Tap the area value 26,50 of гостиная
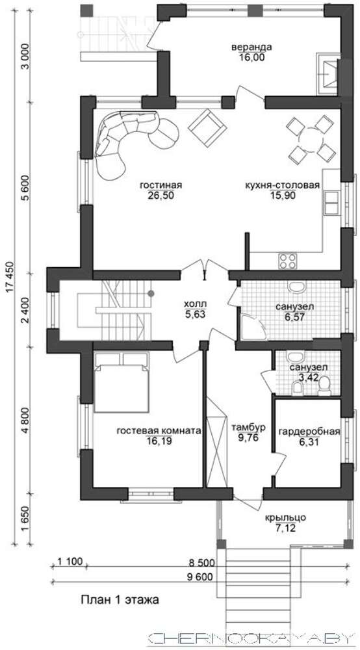pyautogui.click(x=161, y=196)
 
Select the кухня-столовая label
pyautogui.click(x=282, y=185)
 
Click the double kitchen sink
pyautogui.click(x=331, y=203)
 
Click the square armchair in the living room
pyautogui.click(x=206, y=127)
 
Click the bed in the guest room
pyautogui.click(x=121, y=382)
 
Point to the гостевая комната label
pyautogui.click(x=159, y=431)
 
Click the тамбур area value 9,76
pyautogui.click(x=247, y=437)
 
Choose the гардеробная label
pyautogui.click(x=309, y=432)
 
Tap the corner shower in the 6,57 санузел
pyautogui.click(x=251, y=327)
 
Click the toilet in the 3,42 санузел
pyautogui.click(x=324, y=385)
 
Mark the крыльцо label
pyautogui.click(x=285, y=518)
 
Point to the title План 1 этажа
pyautogui.click(x=120, y=600)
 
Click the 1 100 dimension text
pyautogui.click(x=70, y=562)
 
